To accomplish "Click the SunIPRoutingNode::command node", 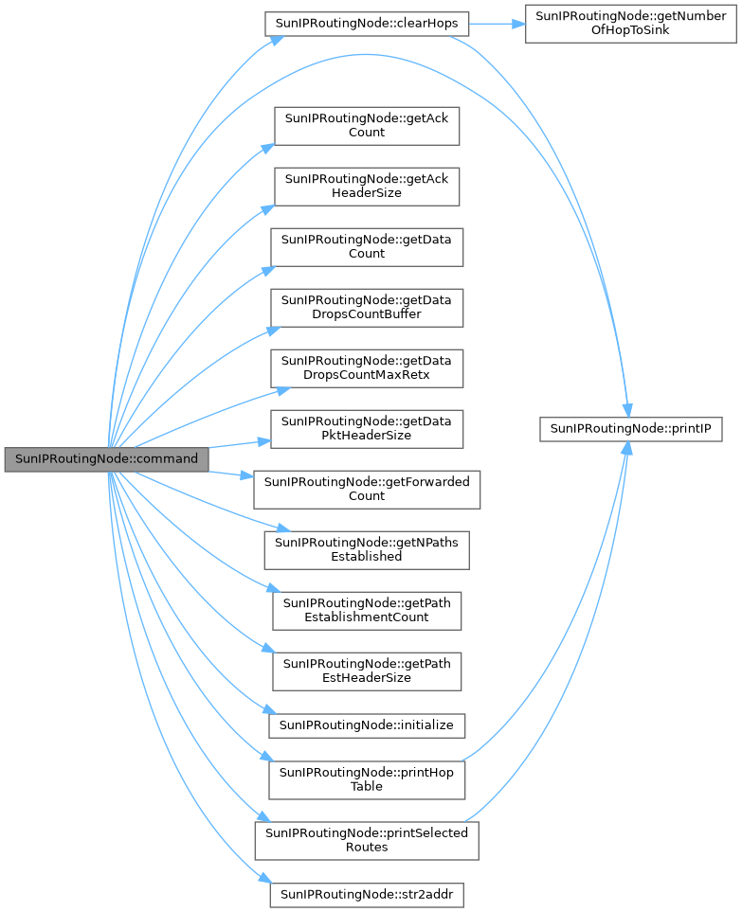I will pos(105,458).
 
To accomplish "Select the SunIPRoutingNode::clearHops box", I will pos(366,24).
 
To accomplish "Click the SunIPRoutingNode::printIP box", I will pos(632,428).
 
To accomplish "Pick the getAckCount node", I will pos(366,126).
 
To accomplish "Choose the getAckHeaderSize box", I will pos(366,187).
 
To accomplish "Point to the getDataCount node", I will pos(366,246).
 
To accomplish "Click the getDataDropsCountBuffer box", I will pos(366,307).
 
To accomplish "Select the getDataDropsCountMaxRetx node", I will pos(366,367).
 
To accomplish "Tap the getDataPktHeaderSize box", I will pos(366,428).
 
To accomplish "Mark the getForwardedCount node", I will pos(366,489).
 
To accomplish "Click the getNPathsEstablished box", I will pos(366,549).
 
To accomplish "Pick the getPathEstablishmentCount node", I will pos(366,610).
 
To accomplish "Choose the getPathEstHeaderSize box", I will pos(366,671).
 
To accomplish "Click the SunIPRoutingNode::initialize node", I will pos(366,725).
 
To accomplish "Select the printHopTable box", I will pos(366,779).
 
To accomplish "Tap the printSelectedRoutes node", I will pos(366,839).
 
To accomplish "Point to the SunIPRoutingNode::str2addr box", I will pos(366,893).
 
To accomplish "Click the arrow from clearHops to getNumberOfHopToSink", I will pos(497,24).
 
